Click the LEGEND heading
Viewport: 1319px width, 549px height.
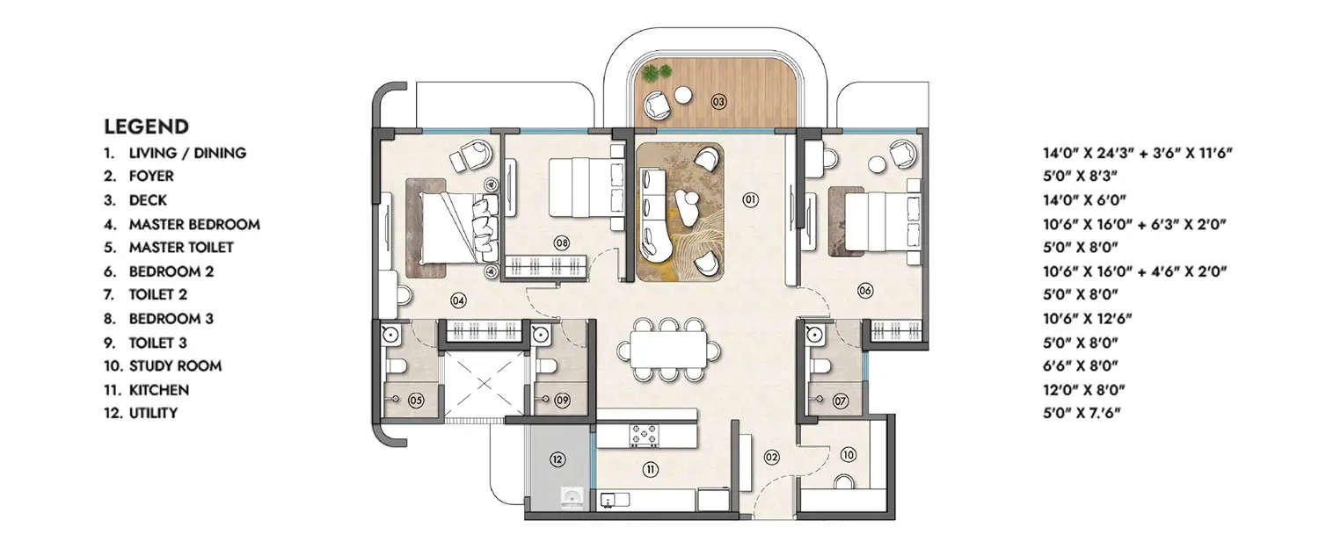pos(146,126)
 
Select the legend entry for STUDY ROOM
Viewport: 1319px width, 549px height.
pos(175,365)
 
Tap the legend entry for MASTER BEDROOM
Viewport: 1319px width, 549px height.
pos(193,224)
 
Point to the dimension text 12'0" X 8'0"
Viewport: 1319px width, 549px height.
pos(1083,389)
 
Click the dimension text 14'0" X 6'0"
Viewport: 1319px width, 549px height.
pos(1083,200)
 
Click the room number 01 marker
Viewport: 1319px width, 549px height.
pos(750,200)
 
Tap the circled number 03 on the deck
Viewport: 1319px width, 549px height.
pos(718,102)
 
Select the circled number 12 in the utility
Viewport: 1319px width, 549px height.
pos(557,458)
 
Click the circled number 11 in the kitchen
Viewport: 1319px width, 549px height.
pos(650,469)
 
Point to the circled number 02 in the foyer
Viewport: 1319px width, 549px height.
pos(771,457)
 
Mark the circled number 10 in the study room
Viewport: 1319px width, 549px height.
pos(848,454)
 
